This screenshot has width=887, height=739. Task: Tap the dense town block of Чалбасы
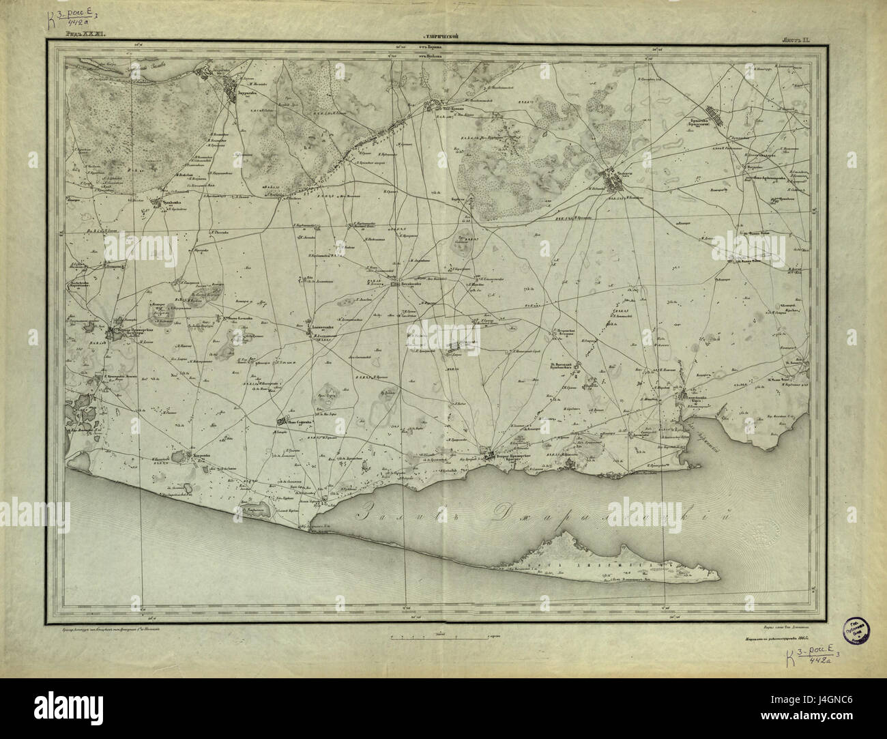tap(610, 182)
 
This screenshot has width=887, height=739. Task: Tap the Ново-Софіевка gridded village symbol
tap(284, 422)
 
